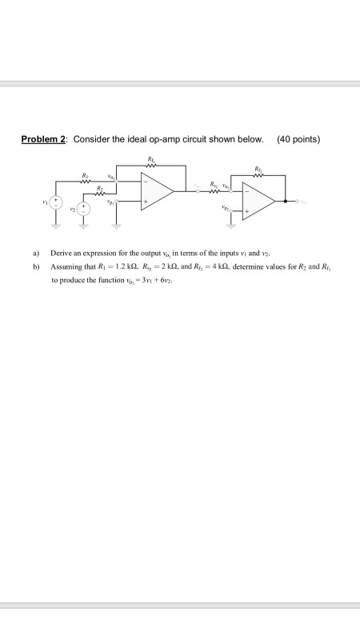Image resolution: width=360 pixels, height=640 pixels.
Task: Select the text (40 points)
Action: pyautogui.click(x=298, y=140)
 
